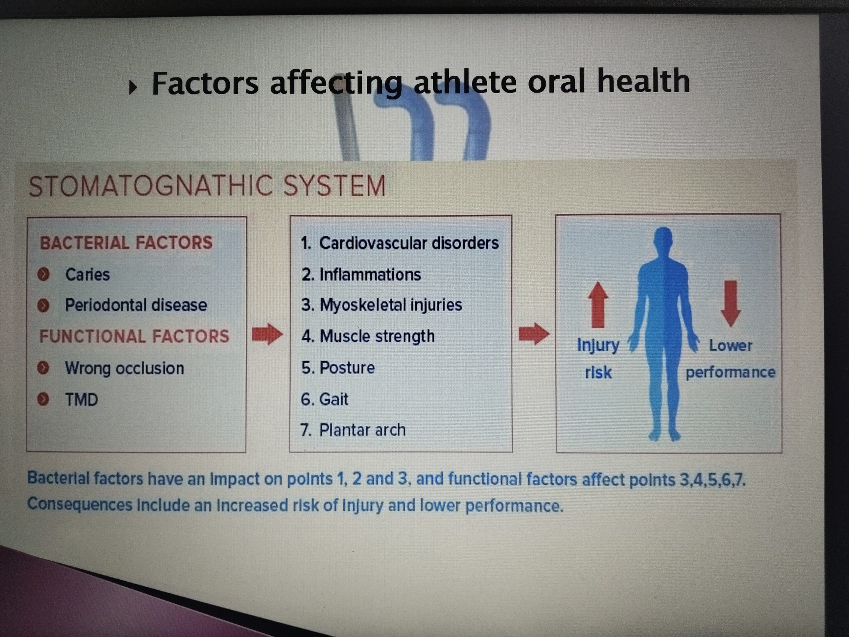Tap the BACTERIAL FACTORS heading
(126, 243)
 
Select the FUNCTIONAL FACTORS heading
(134, 336)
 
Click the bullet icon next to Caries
(43, 274)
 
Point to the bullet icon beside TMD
(43, 399)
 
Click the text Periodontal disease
(136, 305)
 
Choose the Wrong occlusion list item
(124, 368)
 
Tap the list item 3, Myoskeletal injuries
(381, 305)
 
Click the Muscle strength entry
(368, 336)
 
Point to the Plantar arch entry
(353, 430)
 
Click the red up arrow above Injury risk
(598, 305)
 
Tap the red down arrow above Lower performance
(730, 304)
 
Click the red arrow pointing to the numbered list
(267, 334)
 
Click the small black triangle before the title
(132, 88)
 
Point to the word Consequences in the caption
(80, 505)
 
